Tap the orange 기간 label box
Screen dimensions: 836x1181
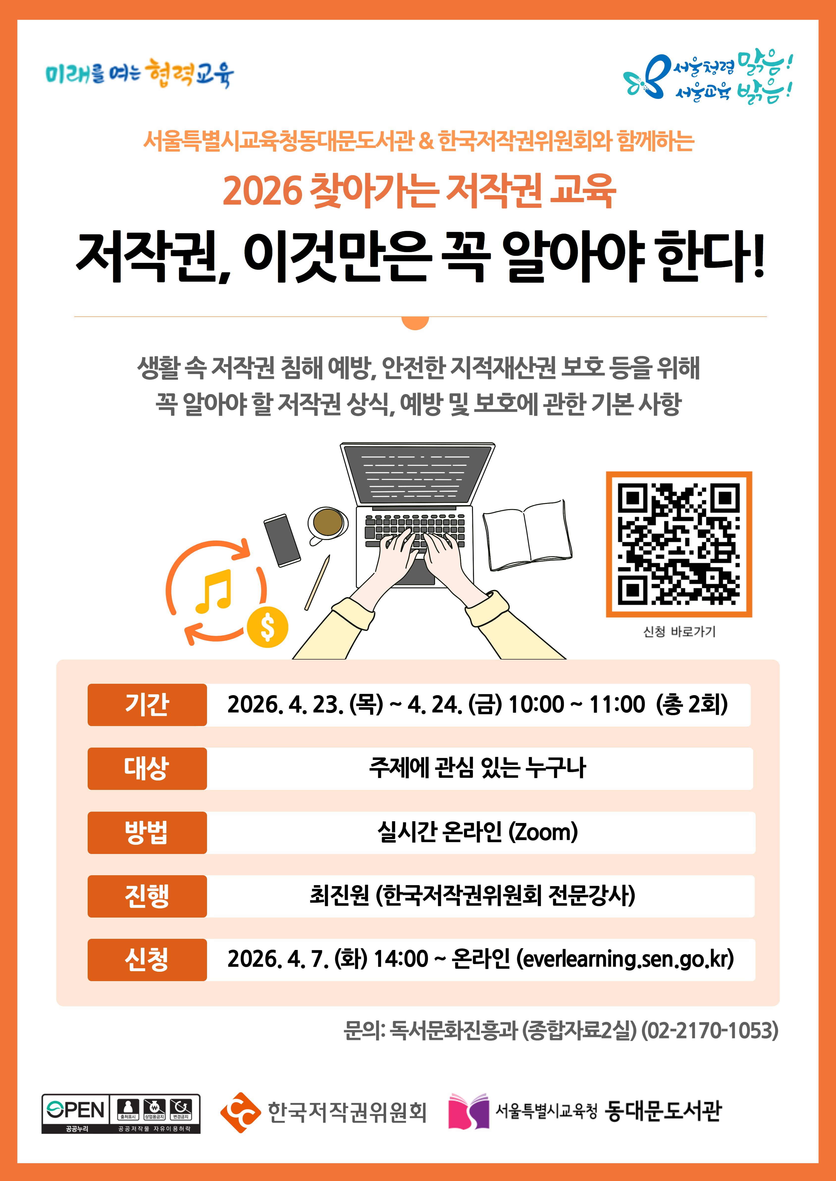point(147,705)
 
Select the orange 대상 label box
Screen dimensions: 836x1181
point(147,768)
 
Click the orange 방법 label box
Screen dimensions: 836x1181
point(147,832)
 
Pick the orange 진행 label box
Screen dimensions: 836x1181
point(147,896)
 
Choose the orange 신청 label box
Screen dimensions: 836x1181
point(147,960)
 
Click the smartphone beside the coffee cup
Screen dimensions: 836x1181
point(282,540)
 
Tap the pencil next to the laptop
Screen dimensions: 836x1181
point(317,582)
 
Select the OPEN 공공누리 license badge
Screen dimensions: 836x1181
point(121,1114)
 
